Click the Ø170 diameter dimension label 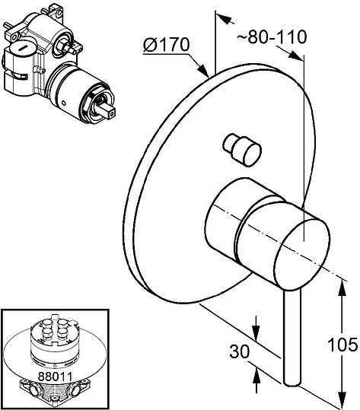(166, 45)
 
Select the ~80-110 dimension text (272, 37)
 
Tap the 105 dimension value (342, 345)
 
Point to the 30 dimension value (240, 351)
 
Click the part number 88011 (55, 377)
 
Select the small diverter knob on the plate (242, 149)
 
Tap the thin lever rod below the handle (292, 337)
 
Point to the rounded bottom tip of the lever (292, 383)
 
